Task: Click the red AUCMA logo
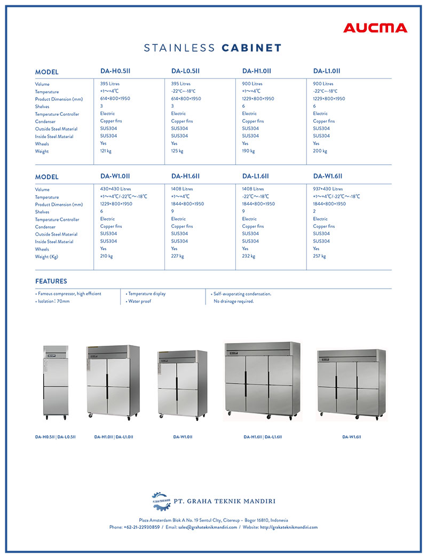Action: [x=375, y=28]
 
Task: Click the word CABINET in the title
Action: [x=251, y=48]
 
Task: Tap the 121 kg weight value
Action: [x=106, y=151]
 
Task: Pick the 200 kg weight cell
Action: [x=320, y=151]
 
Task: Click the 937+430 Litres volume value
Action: [x=328, y=189]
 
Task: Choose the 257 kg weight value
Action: [x=319, y=256]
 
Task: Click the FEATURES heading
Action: [x=51, y=281]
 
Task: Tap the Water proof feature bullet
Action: [x=139, y=301]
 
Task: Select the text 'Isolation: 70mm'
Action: [x=53, y=301]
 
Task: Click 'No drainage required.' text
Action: [x=234, y=301]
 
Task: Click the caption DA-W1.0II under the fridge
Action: [x=183, y=437]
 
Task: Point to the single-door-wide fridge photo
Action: [x=56, y=381]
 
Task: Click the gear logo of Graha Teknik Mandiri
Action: [x=160, y=501]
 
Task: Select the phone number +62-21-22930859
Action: [x=141, y=527]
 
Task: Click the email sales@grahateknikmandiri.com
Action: [x=208, y=527]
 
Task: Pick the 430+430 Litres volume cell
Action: [x=115, y=189]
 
